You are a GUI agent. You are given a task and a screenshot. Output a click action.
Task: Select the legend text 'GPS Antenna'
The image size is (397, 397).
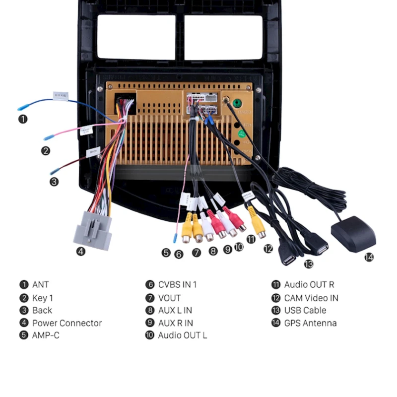[310, 323]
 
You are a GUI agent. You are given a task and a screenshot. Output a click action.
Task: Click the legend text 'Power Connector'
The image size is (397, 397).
[67, 323]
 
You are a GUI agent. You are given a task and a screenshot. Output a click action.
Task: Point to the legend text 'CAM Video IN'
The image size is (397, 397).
[311, 298]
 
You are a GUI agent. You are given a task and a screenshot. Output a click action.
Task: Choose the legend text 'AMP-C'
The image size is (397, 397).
[46, 335]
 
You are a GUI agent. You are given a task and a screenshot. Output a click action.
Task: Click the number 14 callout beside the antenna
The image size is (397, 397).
[369, 257]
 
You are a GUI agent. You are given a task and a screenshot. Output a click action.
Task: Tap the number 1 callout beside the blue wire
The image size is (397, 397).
[23, 119]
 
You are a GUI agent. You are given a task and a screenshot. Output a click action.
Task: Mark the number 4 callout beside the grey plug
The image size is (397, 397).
[80, 251]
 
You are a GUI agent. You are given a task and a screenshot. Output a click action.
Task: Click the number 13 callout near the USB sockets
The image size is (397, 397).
[309, 264]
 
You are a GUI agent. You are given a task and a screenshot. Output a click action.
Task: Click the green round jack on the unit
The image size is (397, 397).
[237, 104]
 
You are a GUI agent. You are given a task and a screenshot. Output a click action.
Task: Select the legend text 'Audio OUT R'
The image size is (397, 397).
[309, 285]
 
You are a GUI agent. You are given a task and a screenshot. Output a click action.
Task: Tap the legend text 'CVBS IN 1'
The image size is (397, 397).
[177, 285]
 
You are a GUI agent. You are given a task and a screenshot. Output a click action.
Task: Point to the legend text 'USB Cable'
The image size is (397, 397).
[305, 310]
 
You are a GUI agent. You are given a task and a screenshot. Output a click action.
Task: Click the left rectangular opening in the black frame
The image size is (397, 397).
[136, 37]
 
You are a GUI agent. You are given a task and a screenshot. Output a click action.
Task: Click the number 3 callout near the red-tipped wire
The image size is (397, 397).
[54, 182]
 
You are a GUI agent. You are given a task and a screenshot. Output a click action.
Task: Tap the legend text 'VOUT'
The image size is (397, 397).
[169, 298]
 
